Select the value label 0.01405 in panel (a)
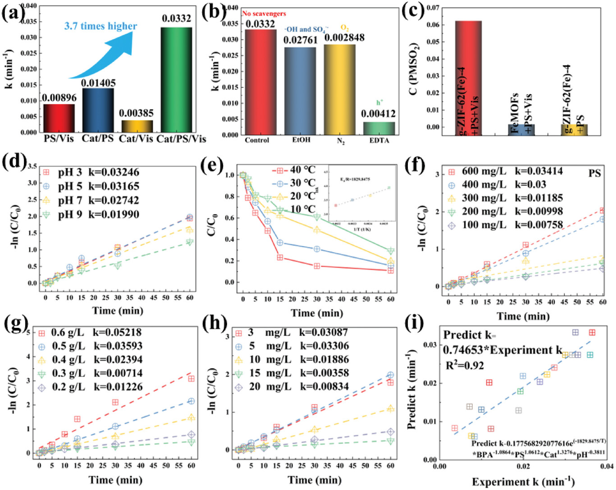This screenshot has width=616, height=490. click(x=98, y=83)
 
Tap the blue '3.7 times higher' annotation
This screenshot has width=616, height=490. click(x=100, y=26)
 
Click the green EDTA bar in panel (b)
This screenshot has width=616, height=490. click(x=379, y=128)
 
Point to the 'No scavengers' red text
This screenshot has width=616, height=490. click(x=264, y=14)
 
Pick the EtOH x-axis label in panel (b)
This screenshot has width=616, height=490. click(x=301, y=140)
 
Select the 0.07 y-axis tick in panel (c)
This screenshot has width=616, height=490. click(x=433, y=8)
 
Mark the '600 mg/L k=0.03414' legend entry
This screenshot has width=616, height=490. click(x=506, y=171)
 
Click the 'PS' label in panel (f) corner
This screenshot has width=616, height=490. click(x=594, y=173)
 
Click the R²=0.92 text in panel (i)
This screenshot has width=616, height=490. click(x=465, y=365)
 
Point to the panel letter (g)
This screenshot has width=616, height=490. click(x=15, y=323)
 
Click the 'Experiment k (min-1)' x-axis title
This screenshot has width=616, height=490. click(x=523, y=482)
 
